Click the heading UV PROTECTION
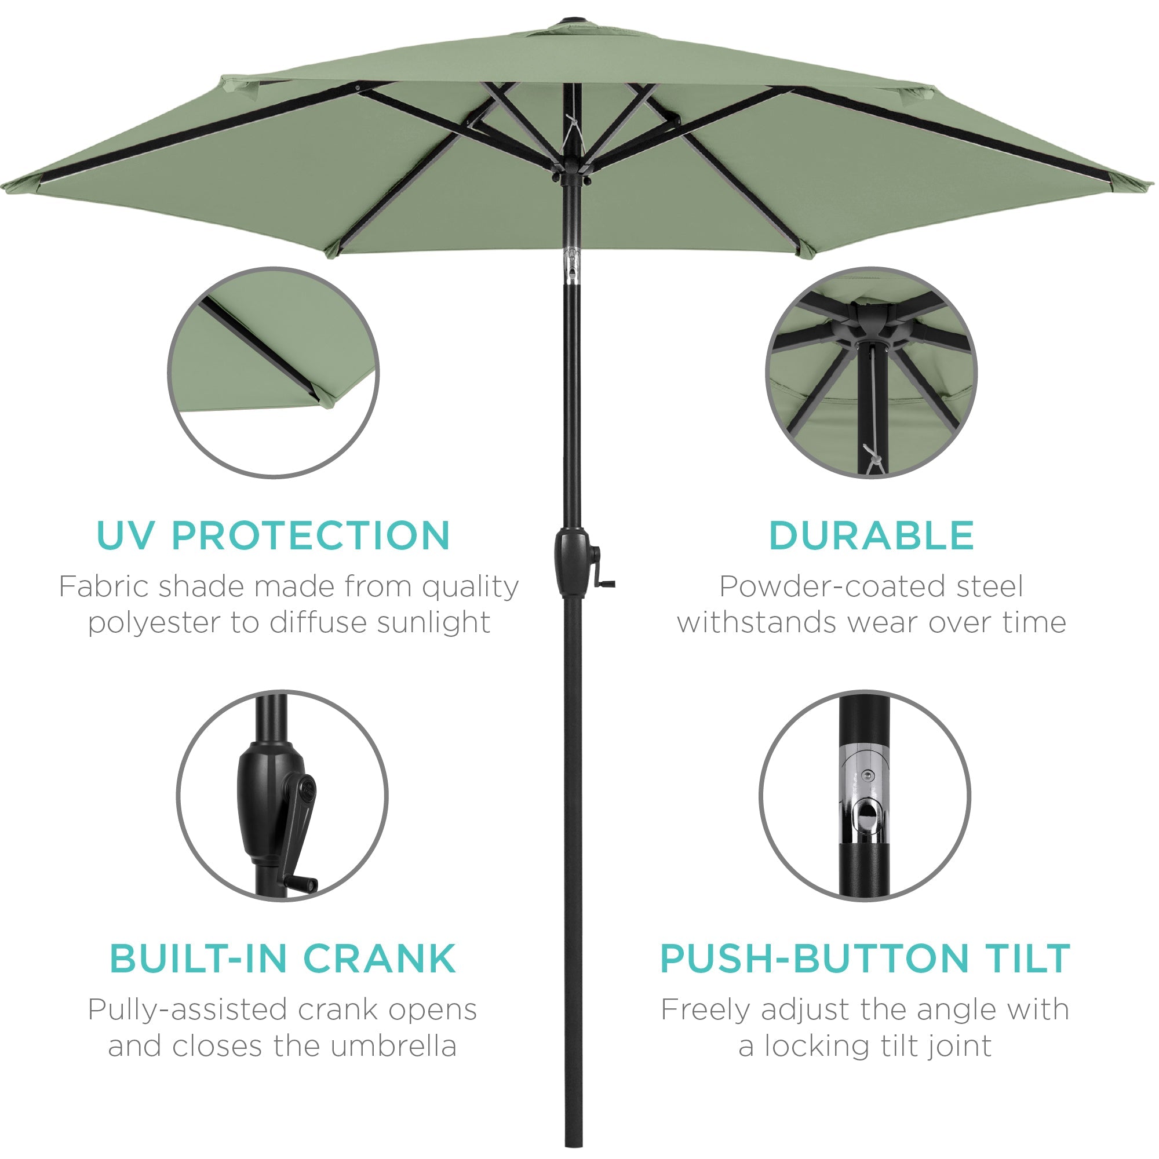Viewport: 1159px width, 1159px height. pos(273,535)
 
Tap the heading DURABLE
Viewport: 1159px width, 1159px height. pos(871,535)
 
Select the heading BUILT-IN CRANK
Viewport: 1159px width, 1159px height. pos(283,958)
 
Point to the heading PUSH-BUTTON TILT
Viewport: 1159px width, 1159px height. pos(865,958)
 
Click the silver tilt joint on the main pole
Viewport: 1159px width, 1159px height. pos(574,264)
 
